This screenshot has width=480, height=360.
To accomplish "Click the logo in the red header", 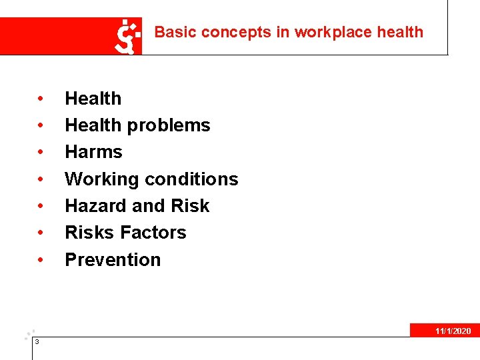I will click(x=128, y=36).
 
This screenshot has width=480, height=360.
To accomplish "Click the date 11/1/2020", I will click(x=453, y=331).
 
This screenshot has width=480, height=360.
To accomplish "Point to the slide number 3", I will click(x=37, y=342).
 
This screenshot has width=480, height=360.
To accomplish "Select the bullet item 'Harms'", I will click(x=93, y=152).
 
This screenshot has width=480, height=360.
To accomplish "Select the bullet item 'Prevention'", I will click(x=113, y=259).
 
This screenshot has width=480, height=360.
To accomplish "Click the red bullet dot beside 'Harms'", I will click(x=41, y=153).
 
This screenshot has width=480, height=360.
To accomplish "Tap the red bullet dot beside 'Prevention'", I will click(x=41, y=260).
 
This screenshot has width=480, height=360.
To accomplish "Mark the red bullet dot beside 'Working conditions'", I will click(x=41, y=179).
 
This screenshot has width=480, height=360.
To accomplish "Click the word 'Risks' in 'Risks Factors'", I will click(x=89, y=233).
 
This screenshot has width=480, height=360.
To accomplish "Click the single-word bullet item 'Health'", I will click(x=93, y=99).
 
